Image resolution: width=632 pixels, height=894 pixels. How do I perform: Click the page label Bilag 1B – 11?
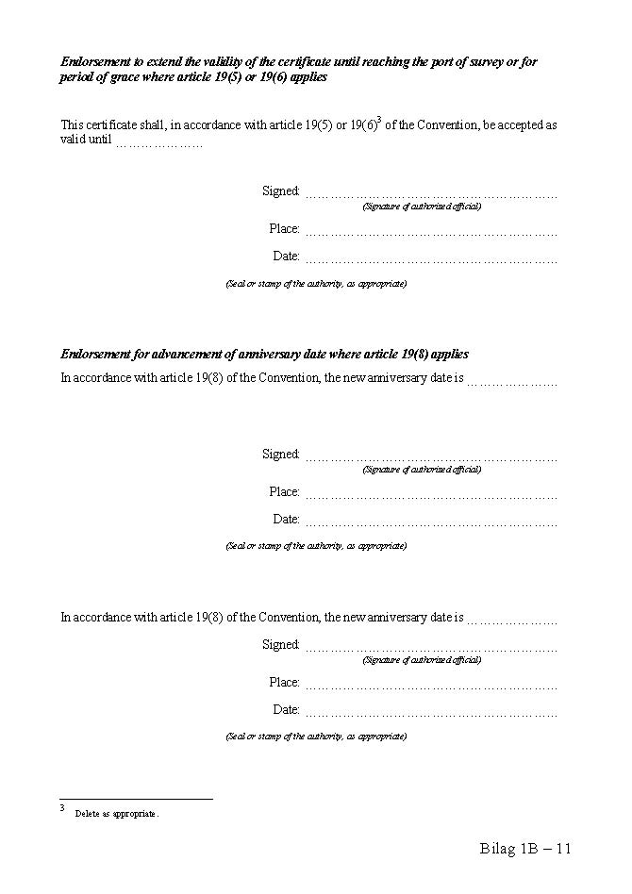pyautogui.click(x=525, y=849)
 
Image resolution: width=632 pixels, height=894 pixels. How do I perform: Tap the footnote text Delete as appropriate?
pyautogui.click(x=117, y=814)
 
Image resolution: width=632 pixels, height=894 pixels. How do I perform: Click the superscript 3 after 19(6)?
pyautogui.click(x=379, y=119)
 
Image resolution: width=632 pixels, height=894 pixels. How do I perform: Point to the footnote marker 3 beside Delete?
pyautogui.click(x=62, y=809)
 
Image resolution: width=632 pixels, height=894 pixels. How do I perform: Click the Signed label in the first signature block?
pyautogui.click(x=280, y=190)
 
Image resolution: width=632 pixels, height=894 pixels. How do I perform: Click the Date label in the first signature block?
pyautogui.click(x=286, y=256)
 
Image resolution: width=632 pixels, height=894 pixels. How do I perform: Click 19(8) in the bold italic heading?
pyautogui.click(x=401, y=355)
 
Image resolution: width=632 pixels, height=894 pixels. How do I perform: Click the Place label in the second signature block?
pyautogui.click(x=284, y=491)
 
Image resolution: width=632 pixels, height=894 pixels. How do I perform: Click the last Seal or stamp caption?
pyautogui.click(x=316, y=737)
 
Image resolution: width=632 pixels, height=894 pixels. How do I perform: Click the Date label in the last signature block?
pyautogui.click(x=286, y=709)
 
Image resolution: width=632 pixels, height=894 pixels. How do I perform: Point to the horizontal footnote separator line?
pyautogui.click(x=136, y=800)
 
